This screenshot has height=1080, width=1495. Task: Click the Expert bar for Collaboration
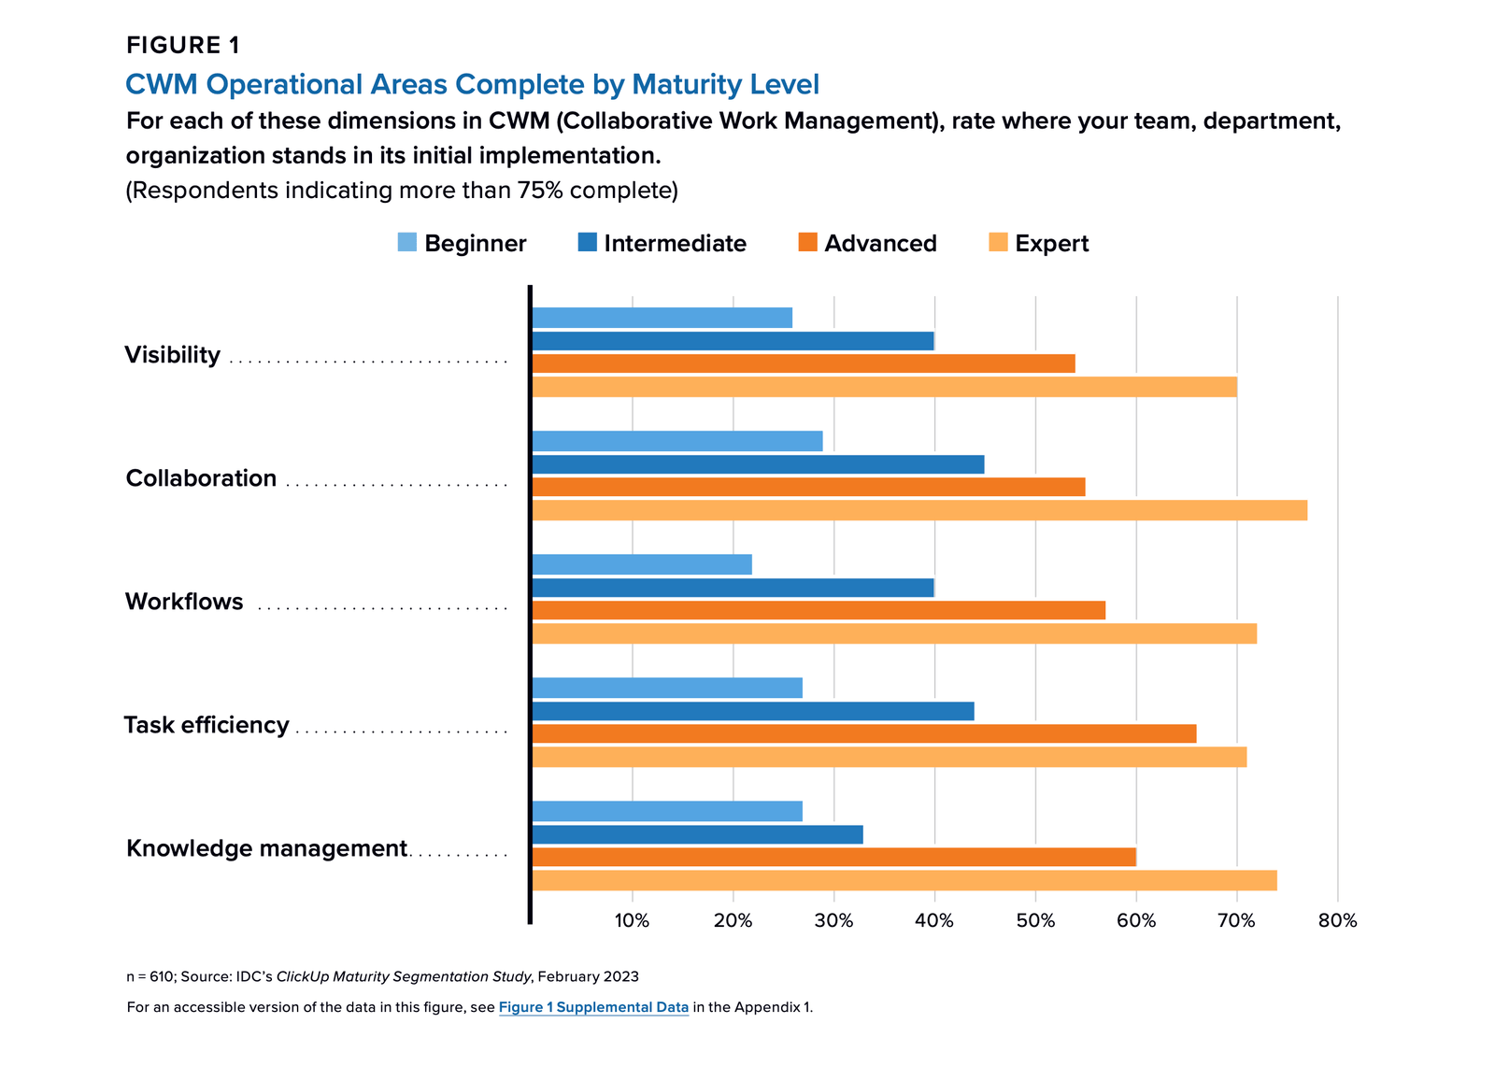click(919, 510)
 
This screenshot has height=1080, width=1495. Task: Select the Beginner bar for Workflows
click(642, 564)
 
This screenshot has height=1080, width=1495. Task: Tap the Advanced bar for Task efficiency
click(864, 733)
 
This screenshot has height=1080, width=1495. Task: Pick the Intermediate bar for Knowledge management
click(698, 834)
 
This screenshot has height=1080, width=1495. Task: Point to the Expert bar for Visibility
click(884, 387)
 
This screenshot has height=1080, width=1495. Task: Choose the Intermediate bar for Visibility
click(733, 341)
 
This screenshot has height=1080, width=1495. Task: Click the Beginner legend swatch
click(407, 243)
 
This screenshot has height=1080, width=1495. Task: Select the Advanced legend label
click(880, 244)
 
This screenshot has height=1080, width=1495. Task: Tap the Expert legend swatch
click(998, 243)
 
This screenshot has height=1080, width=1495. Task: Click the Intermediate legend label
click(675, 244)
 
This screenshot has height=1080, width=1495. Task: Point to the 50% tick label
click(1035, 921)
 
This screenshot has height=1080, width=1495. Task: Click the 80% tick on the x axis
click(1337, 921)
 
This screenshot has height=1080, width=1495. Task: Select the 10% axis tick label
click(632, 921)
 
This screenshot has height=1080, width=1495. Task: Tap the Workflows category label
click(184, 602)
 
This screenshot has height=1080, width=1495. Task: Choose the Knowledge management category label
click(266, 848)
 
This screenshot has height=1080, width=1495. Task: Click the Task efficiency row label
click(206, 725)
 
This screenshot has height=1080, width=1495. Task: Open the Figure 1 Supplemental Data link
click(593, 1007)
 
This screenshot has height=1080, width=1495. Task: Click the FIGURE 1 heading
click(183, 45)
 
